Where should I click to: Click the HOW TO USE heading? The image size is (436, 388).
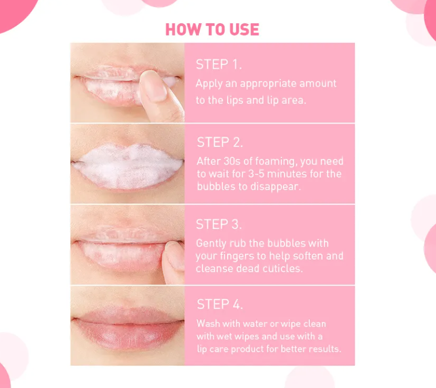click(212, 29)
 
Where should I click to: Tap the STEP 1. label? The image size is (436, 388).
click(219, 64)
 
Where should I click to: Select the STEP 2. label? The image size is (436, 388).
click(220, 142)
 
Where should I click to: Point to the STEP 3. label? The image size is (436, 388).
click(219, 224)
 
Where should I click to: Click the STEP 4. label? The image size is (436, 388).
click(220, 304)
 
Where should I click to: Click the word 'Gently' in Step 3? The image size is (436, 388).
click(211, 243)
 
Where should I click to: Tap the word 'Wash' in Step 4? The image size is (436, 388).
click(208, 323)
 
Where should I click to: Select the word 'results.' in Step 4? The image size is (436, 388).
click(324, 349)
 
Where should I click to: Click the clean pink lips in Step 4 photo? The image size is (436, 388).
click(127, 327)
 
